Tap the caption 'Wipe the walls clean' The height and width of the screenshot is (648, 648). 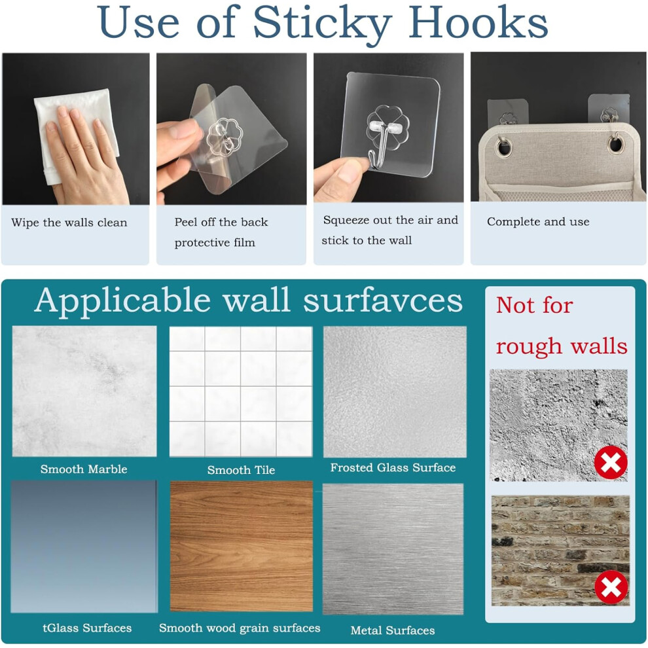click(69, 223)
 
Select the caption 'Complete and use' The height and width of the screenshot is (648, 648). click(538, 221)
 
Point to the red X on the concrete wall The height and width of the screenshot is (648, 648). click(611, 463)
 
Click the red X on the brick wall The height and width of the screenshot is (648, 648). click(611, 587)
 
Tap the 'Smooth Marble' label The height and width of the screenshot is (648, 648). click(84, 469)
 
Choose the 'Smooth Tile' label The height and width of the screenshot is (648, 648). click(241, 470)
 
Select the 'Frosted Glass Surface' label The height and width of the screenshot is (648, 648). click(393, 467)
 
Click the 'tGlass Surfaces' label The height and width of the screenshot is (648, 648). click(87, 628)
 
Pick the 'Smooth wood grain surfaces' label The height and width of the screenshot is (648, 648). click(240, 628)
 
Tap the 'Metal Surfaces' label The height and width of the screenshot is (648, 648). click(393, 630)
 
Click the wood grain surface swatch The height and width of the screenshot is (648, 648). click(242, 546)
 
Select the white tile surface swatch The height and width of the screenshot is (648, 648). click(241, 391)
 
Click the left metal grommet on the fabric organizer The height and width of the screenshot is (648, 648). click(504, 147)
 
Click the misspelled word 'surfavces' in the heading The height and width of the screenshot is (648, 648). click(383, 300)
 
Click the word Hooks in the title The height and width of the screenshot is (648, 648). click(478, 22)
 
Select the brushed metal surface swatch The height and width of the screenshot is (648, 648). click(393, 549)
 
